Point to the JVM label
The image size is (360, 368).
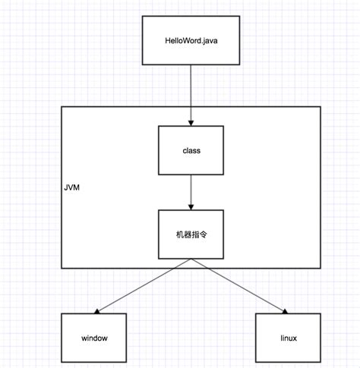(73, 184)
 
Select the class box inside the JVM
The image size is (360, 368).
(191, 150)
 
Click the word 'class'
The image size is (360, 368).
(191, 150)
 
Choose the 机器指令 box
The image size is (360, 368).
(191, 235)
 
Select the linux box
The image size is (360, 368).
(287, 337)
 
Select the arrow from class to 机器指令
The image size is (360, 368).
(191, 192)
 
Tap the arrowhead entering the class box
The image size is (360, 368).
(191, 121)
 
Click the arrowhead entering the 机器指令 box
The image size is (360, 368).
(191, 206)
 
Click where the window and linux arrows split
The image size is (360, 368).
(191, 260)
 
